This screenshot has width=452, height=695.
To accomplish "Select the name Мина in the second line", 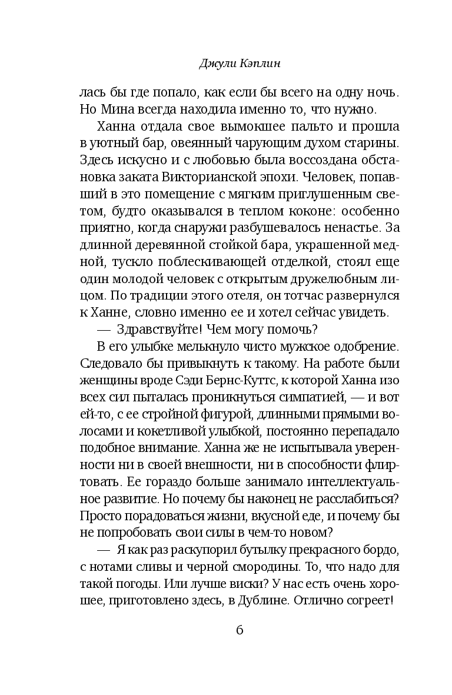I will point(122,109).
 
